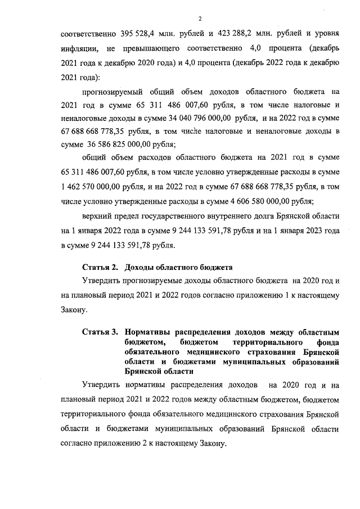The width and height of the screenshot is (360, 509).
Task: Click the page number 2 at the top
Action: pyautogui.click(x=200, y=17)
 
